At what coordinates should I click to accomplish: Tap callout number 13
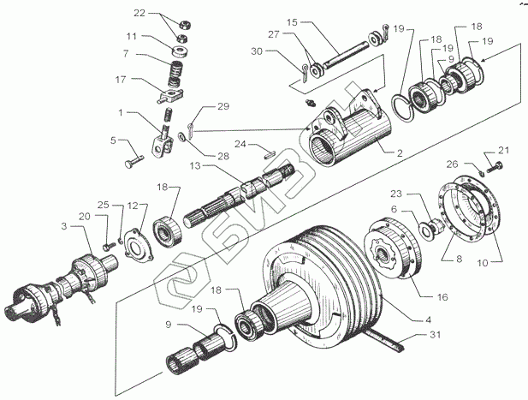196,164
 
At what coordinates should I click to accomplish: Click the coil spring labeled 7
176,65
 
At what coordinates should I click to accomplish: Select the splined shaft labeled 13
248,193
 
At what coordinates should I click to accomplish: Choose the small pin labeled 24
267,155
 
